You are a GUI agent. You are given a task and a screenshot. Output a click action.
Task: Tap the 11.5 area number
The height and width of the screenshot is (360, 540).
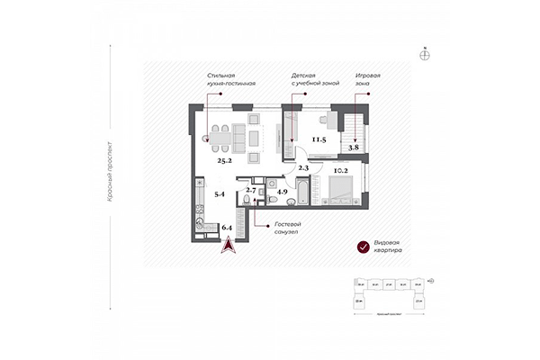(x=318, y=139)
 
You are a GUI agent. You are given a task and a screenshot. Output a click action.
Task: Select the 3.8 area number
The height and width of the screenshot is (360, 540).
(x=355, y=146)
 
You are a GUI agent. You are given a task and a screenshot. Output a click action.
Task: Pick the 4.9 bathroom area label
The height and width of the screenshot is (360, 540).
(x=282, y=192)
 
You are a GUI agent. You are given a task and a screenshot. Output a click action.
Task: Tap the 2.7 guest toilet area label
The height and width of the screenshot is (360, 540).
(x=251, y=192)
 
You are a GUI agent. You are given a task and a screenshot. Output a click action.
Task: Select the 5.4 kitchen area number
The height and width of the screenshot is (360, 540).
(x=218, y=193)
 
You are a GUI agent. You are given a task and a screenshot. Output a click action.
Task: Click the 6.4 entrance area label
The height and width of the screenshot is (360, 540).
(x=227, y=229)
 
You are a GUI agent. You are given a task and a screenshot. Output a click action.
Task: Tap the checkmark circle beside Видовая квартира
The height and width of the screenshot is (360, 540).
(x=363, y=247)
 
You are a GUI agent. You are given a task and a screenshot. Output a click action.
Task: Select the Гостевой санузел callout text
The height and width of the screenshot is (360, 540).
(x=287, y=229)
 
